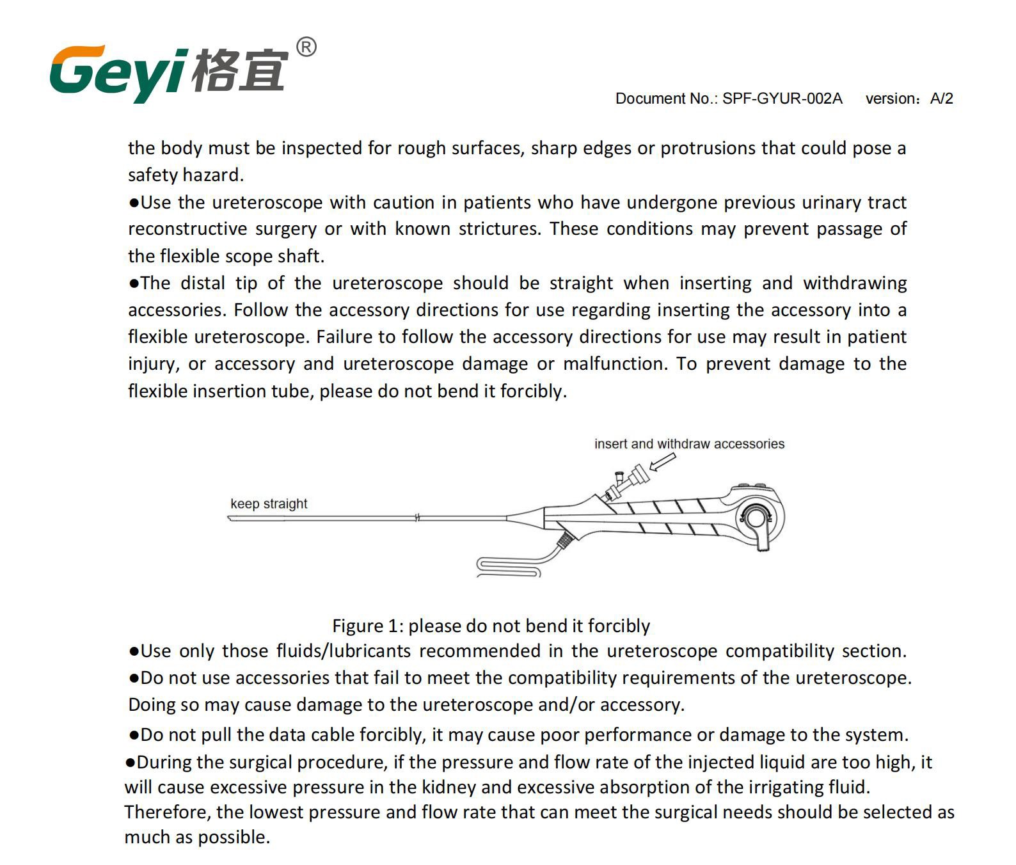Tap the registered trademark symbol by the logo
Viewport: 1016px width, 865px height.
click(x=306, y=47)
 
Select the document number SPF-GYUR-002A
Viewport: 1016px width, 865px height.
click(x=782, y=99)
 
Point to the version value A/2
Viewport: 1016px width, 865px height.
click(x=941, y=99)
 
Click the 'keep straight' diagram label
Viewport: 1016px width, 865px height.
click(x=269, y=504)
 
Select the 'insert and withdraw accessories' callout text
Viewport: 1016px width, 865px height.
click(x=689, y=444)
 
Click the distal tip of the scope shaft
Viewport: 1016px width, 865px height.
click(x=230, y=518)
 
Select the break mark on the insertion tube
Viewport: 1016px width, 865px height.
click(x=417, y=518)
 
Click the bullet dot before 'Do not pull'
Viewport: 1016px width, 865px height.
click(x=134, y=735)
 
